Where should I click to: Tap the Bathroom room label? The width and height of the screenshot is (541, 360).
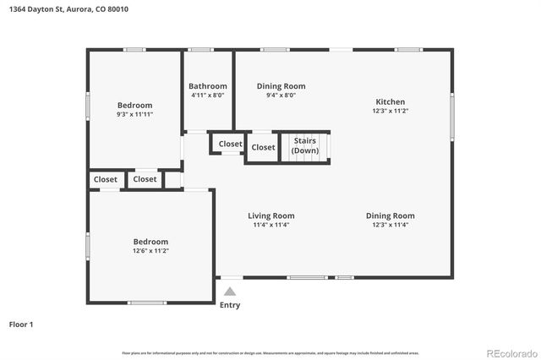pos(207,86)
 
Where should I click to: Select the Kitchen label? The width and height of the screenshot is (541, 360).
pos(390,101)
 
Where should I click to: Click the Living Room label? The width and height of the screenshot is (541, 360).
pos(270,215)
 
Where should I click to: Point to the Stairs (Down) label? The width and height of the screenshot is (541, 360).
pos(305,145)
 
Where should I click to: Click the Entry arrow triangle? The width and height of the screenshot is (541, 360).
pos(229,291)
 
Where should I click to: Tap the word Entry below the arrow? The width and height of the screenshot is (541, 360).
pos(229,305)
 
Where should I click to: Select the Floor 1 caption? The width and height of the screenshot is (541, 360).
pos(21,324)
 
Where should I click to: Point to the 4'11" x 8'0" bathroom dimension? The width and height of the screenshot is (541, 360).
pos(207,95)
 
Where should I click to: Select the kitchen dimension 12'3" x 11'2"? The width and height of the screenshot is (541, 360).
pos(390,111)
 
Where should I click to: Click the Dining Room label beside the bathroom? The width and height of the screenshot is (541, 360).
pos(281,86)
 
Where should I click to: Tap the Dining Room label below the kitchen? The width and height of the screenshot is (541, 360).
pos(390,215)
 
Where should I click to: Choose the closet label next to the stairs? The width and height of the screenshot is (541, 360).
pos(263,147)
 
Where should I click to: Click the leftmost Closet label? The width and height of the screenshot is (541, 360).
pos(106,179)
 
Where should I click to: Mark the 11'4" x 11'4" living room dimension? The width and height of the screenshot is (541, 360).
pos(270,225)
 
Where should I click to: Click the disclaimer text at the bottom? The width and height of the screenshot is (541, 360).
pos(270,352)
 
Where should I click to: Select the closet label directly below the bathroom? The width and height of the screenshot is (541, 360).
pos(230,144)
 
